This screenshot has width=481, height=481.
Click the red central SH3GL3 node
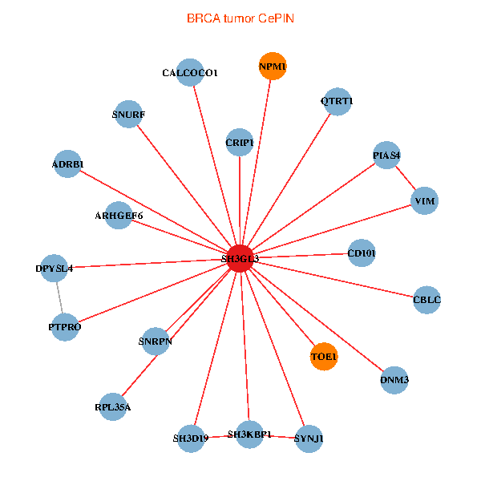click(240, 258)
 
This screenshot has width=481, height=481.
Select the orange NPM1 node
click(273, 66)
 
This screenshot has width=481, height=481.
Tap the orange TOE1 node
click(324, 357)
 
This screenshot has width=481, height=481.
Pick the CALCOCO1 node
click(190, 72)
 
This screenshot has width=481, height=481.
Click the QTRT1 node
click(338, 101)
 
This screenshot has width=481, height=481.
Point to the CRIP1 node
click(240, 143)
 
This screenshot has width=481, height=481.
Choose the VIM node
click(425, 200)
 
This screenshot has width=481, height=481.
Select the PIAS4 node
click(386, 156)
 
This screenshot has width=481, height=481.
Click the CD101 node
click(362, 253)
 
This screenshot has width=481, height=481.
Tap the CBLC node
click(426, 300)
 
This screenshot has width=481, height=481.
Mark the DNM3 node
click(394, 380)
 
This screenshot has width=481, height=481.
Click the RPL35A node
click(113, 406)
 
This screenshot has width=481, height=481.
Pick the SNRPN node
click(156, 342)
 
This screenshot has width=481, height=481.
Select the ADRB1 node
click(67, 164)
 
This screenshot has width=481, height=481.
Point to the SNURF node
click(128, 114)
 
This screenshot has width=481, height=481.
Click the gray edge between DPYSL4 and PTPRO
click(59, 297)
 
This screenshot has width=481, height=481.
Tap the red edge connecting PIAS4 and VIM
click(406, 178)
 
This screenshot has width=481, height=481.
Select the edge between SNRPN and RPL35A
click(139, 375)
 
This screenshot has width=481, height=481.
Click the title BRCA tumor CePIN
click(240, 18)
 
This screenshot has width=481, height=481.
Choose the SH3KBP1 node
click(249, 435)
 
